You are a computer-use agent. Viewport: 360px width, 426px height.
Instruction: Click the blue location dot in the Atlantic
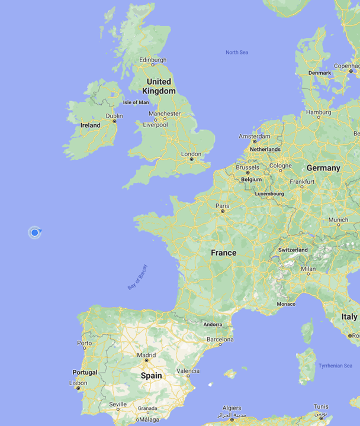tap(35, 233)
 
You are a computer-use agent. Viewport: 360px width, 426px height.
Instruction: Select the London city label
tap(191, 154)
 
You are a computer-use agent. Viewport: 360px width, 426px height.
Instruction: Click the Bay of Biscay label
tap(138, 277)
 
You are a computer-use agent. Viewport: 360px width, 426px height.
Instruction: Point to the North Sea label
tap(237, 53)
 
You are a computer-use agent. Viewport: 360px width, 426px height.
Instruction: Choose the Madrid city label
tap(146, 355)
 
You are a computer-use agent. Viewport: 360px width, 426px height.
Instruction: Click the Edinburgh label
tap(153, 60)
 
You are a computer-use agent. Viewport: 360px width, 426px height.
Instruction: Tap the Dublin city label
tap(114, 116)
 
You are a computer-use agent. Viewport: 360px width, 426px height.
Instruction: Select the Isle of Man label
tap(136, 102)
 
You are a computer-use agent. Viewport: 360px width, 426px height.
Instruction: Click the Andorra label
tap(212, 324)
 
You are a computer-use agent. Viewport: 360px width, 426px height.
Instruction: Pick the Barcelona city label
tap(220, 340)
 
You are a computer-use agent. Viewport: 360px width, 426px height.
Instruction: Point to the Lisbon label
tap(78, 383)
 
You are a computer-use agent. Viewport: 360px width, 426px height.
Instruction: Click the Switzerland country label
tap(293, 250)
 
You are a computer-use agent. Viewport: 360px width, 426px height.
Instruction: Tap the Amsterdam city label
tap(254, 136)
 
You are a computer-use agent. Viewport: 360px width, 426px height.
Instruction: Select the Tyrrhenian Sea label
tap(335, 366)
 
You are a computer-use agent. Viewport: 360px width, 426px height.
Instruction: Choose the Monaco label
tap(286, 304)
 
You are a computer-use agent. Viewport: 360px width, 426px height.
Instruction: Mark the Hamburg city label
tap(319, 112)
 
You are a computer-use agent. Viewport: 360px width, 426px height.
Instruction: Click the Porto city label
tap(84, 343)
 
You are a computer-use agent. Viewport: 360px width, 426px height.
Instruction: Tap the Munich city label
tap(338, 220)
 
